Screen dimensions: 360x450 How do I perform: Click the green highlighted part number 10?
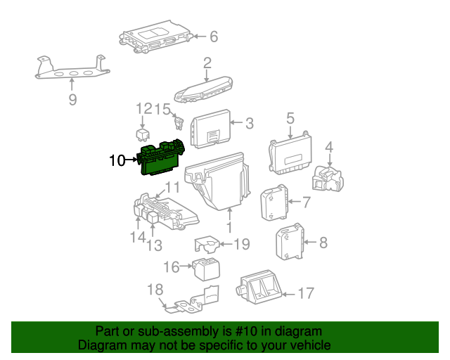pyautogui.click(x=162, y=159)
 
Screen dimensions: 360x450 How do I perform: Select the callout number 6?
pyautogui.click(x=214, y=36)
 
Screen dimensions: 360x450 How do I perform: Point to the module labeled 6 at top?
pyautogui.click(x=156, y=39)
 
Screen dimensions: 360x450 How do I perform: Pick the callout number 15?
pyautogui.click(x=162, y=109)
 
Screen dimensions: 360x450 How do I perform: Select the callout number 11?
pyautogui.click(x=172, y=188)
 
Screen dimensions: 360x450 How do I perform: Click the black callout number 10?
pyautogui.click(x=117, y=160)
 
